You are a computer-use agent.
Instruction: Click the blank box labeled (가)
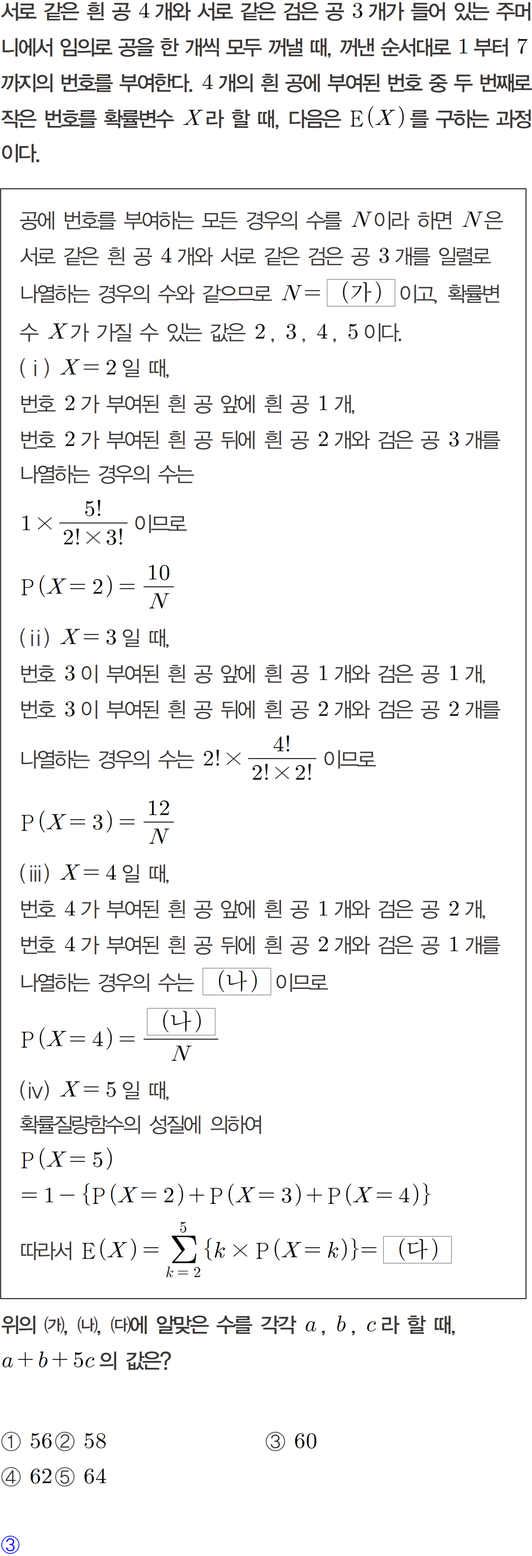click(361, 293)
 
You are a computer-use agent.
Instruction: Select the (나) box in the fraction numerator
click(181, 1022)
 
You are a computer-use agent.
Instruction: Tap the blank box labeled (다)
click(417, 1250)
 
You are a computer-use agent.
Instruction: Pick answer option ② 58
click(81, 1441)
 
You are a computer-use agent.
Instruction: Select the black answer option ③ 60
click(291, 1441)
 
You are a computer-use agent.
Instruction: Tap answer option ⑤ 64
click(81, 1476)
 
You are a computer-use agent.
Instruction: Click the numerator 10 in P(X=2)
click(159, 572)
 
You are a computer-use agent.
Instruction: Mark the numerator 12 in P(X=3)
click(159, 808)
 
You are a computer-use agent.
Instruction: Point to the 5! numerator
click(93, 509)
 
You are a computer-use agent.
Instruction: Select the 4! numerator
click(281, 744)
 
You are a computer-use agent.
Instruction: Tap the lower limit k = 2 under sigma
click(184, 1272)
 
